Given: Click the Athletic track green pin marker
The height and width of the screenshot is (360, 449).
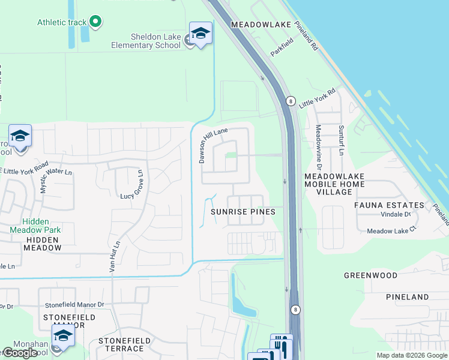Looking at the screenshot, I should pyautogui.click(x=95, y=22).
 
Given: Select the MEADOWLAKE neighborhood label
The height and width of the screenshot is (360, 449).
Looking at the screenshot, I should pyautogui.click(x=261, y=25).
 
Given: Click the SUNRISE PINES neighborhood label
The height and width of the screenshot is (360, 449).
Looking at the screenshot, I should pyautogui.click(x=243, y=212).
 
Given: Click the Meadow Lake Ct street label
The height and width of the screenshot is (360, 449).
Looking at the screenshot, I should pyautogui.click(x=388, y=231).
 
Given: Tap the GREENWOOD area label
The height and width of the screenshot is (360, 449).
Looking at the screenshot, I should pyautogui.click(x=370, y=275).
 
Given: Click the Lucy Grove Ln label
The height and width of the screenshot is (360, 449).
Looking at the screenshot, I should pyautogui.click(x=134, y=196).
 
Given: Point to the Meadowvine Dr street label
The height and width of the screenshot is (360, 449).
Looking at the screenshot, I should pyautogui.click(x=319, y=147).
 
